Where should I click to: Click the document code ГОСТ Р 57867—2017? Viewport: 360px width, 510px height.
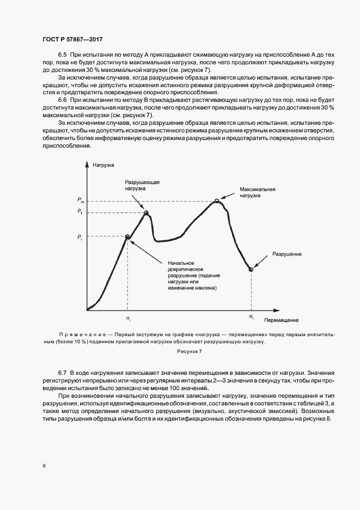pos(72,40)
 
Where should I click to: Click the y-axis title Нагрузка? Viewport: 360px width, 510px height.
pos(103,165)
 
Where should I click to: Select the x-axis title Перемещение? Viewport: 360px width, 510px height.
pos(282,320)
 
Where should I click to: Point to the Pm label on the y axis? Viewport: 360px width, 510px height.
pos(80,201)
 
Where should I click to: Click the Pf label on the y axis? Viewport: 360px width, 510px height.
pos(80,211)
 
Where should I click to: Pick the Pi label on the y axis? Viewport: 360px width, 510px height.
pos(80,236)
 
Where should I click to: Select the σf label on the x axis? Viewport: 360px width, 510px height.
pos(251,317)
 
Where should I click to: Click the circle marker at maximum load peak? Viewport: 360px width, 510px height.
pos(217,201)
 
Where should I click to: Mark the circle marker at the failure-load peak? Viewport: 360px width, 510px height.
pos(146,212)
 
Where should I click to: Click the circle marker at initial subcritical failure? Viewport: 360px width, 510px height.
pos(127,236)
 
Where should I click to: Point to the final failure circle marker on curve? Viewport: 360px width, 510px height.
pos(251,269)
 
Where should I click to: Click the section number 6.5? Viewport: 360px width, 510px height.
pos(62,56)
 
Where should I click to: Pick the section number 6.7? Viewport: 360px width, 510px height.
pos(62,371)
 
